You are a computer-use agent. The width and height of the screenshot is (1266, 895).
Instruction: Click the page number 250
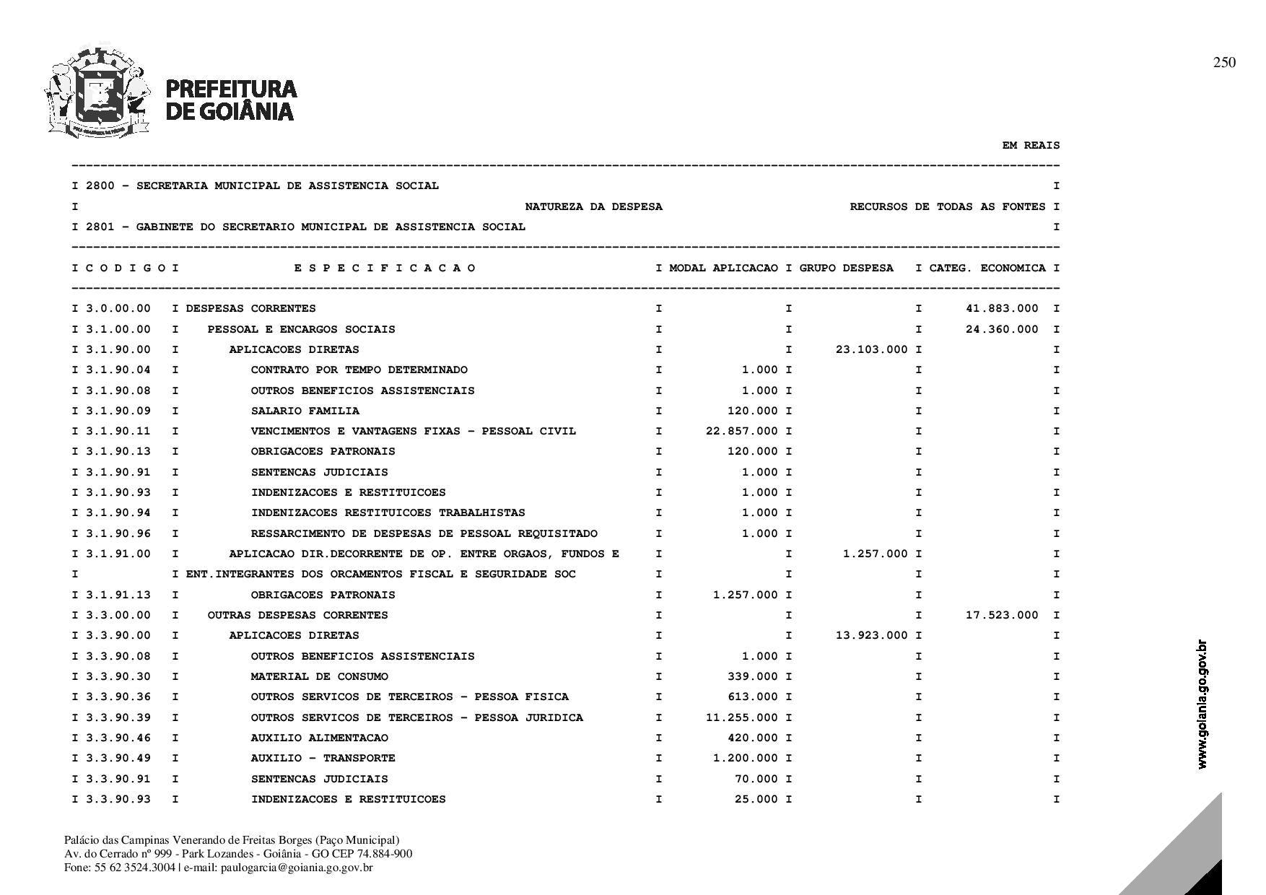tap(1224, 63)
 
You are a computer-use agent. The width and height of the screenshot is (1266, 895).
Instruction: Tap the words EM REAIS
tap(1031, 146)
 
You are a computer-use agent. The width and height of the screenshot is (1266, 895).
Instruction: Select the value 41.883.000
tap(1002, 309)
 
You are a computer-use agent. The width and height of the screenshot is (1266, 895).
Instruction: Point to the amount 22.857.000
tap(741, 432)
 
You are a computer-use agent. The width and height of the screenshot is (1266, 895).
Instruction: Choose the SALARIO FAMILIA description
tap(305, 411)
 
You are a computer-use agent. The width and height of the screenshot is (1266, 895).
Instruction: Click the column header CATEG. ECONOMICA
tap(987, 268)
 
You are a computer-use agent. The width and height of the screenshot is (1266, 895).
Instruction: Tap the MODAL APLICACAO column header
tap(723, 268)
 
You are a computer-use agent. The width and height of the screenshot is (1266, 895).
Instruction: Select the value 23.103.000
tap(871, 350)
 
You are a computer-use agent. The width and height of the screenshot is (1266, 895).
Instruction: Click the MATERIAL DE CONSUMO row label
tap(319, 677)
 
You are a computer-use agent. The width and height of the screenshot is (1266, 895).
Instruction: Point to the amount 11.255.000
tap(741, 718)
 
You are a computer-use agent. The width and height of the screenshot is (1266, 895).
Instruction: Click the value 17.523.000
tap(1002, 616)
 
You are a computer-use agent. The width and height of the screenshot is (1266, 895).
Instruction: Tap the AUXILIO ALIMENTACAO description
tap(319, 738)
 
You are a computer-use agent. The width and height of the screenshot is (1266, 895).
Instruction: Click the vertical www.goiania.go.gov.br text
tap(1202, 704)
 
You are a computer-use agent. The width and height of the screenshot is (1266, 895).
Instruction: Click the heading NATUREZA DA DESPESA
tap(593, 207)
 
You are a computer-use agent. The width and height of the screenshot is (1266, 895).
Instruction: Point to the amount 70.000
tap(756, 780)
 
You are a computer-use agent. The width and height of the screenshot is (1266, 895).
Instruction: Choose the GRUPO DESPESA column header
tap(846, 268)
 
